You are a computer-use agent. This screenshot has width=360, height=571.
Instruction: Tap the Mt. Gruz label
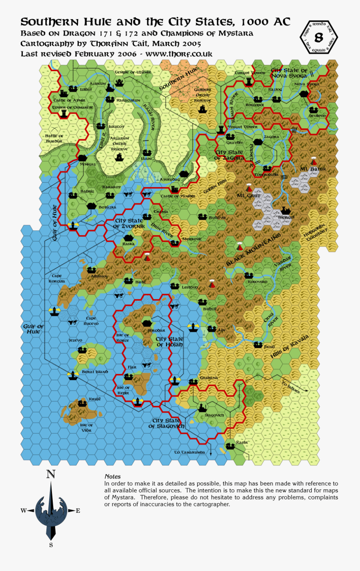[248, 196]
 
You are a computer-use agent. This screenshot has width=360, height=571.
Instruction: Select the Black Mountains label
[253, 251]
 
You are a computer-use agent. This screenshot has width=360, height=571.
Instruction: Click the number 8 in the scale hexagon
[318, 38]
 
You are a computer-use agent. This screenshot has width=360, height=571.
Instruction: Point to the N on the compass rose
[51, 475]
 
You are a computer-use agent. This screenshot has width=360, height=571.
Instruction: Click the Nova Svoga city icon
[304, 94]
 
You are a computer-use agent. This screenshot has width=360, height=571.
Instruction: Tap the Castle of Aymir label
[69, 100]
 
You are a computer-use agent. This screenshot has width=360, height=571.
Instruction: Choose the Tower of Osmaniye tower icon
[64, 114]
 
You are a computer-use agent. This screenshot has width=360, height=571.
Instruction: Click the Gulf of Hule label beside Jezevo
[34, 329]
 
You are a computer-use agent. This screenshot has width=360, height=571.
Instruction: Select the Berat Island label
[95, 372]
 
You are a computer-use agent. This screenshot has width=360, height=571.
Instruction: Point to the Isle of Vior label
[86, 428]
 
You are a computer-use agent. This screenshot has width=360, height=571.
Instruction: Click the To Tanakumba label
[190, 452]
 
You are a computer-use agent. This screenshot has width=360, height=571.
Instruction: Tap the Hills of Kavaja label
[290, 346]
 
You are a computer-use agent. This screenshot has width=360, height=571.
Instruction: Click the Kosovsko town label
[257, 282]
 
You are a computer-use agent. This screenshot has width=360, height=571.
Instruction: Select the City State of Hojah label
[169, 341]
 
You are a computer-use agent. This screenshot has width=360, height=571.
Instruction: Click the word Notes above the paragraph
[112, 476]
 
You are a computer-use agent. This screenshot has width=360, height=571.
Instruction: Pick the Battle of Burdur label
[54, 138]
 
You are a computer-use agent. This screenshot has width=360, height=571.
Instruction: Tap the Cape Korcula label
[57, 278]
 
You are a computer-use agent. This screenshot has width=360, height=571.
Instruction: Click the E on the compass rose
[78, 511]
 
